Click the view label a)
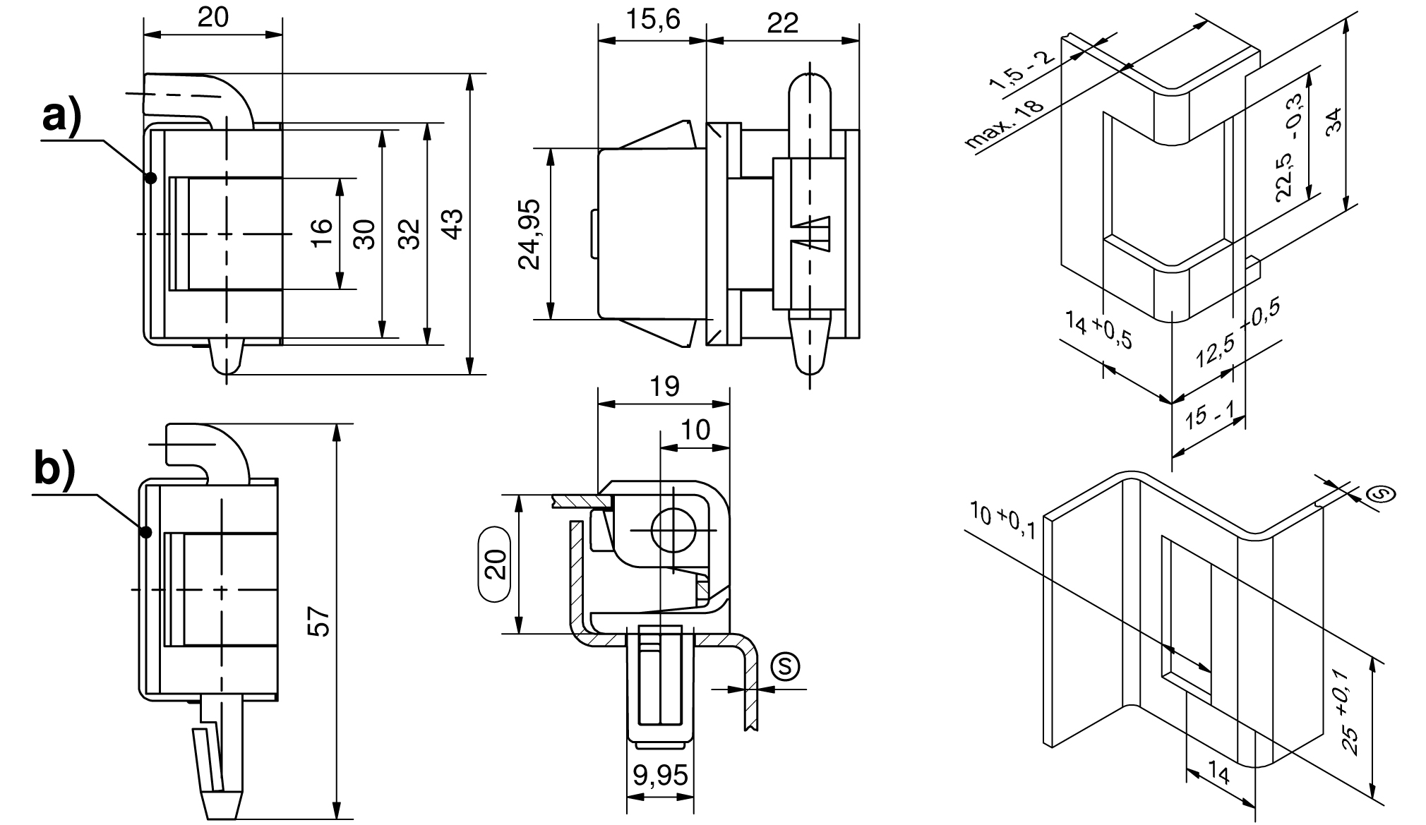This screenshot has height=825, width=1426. click(62, 116)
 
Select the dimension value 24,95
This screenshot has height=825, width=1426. click(529, 234)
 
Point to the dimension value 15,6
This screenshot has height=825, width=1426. click(653, 20)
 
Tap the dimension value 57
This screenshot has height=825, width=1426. click(321, 622)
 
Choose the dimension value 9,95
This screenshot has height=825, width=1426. click(660, 776)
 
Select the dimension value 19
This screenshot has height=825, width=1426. click(664, 386)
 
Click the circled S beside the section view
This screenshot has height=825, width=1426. click(784, 665)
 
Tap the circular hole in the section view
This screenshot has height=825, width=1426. click(672, 530)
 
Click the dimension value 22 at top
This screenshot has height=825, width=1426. click(782, 23)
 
